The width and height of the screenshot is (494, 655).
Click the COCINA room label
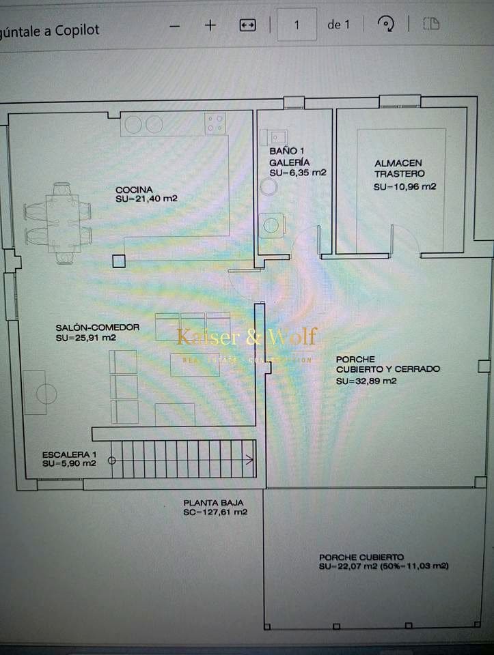134,190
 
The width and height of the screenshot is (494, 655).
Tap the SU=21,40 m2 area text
147,199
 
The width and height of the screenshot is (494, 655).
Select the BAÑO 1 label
282,151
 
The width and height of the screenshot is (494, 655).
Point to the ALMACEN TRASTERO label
398,169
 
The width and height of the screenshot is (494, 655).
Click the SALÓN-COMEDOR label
98,327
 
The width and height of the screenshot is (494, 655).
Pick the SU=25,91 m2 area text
86,337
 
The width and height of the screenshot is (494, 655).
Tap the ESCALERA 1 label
69,454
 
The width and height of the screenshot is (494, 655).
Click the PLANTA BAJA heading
209,502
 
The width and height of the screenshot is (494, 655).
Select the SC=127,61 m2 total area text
215,512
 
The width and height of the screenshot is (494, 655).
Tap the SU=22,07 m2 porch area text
383,566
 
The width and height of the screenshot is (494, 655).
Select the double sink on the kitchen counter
143,124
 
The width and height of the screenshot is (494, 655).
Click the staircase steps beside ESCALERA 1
184,459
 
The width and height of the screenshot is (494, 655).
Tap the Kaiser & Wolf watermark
247,337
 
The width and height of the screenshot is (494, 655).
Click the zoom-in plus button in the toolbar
210,25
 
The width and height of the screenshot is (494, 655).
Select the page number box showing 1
297,25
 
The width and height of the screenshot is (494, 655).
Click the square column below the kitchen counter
119,260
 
